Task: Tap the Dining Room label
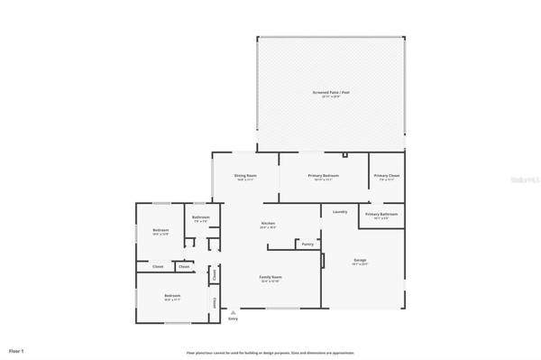click(x=245, y=176)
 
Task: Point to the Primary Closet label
click(x=387, y=176)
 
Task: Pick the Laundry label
click(x=340, y=212)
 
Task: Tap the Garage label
click(x=360, y=260)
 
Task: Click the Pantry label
click(x=307, y=244)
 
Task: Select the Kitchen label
click(x=268, y=224)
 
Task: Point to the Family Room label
click(x=269, y=277)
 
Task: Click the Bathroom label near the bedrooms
click(x=200, y=217)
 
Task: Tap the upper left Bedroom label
click(x=160, y=230)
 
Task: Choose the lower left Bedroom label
click(x=171, y=295)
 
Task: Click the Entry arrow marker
click(x=233, y=312)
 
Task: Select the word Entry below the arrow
click(x=233, y=318)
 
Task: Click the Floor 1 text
click(x=16, y=349)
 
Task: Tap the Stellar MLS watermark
click(x=522, y=180)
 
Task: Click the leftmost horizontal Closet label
click(x=158, y=266)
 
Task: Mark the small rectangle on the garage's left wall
click(x=323, y=260)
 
